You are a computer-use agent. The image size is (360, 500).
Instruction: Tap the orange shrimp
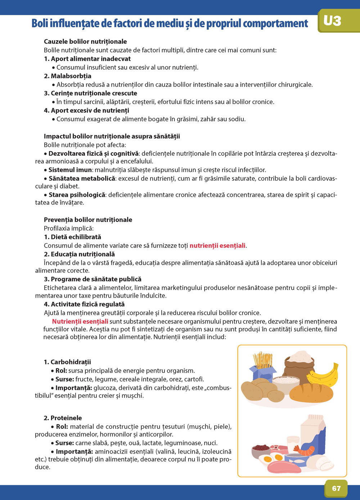click(x=305, y=450)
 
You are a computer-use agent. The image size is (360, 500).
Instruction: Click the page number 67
click(x=336, y=488)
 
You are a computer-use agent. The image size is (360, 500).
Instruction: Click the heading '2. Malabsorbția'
click(x=68, y=76)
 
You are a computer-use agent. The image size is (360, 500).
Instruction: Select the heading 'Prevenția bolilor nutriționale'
click(x=88, y=220)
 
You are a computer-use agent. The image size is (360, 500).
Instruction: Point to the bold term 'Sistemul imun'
click(x=70, y=170)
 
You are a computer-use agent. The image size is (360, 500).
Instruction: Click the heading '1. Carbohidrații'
click(x=67, y=362)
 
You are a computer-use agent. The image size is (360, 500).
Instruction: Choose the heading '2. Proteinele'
click(x=63, y=418)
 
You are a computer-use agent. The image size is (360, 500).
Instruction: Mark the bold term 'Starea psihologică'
click(x=77, y=195)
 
